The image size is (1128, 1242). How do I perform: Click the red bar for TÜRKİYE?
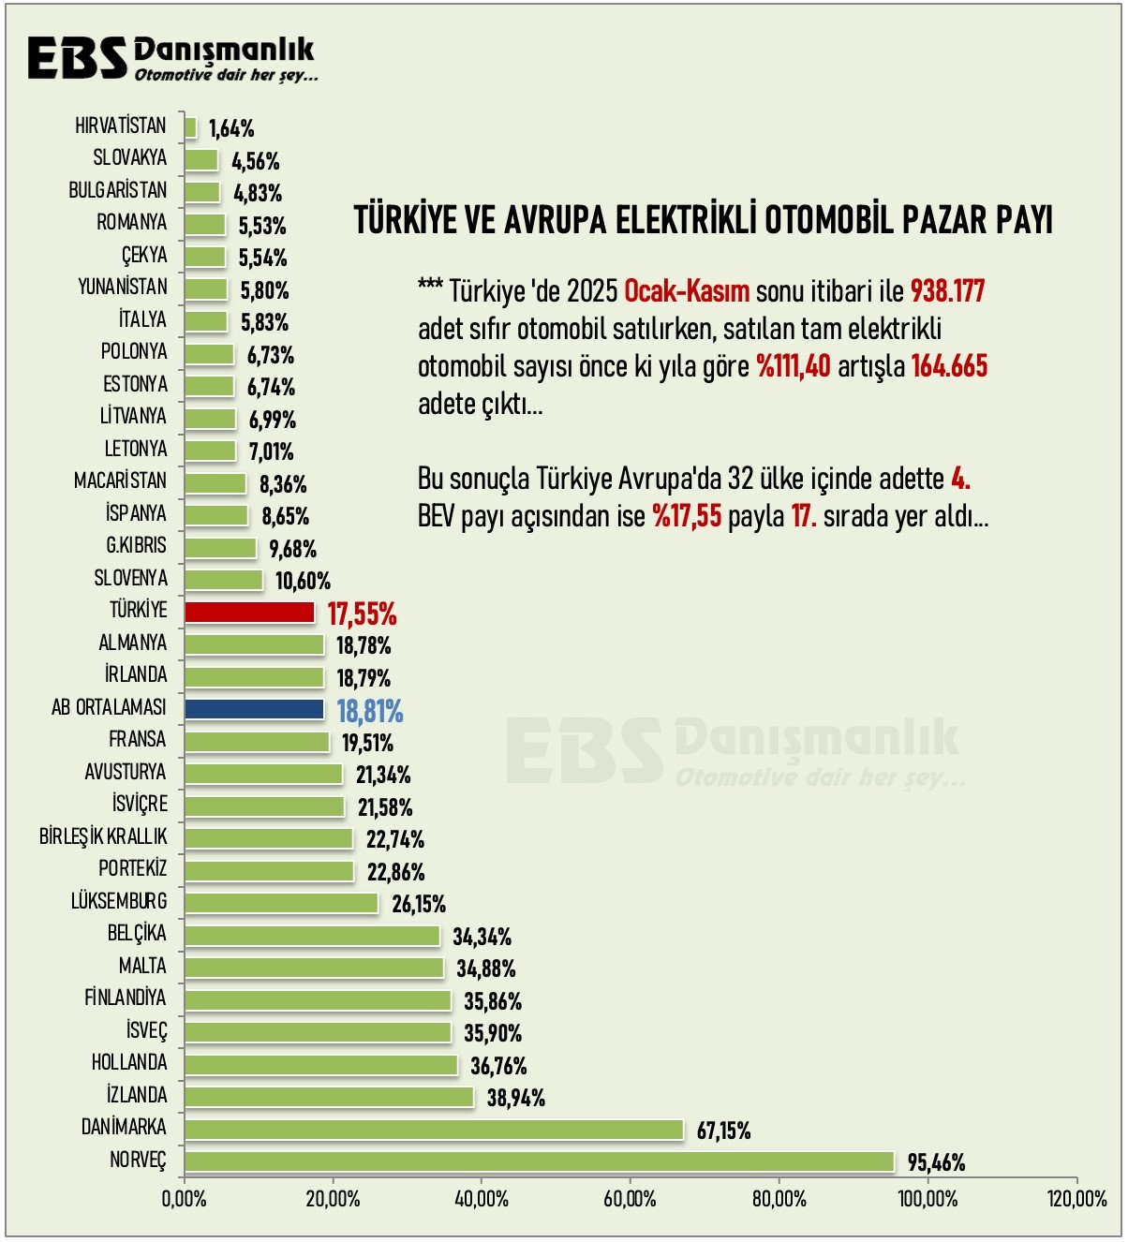249,613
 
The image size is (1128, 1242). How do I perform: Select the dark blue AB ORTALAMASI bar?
254,709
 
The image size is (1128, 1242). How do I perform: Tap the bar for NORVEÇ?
539,1161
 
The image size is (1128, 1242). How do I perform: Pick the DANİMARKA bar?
434,1130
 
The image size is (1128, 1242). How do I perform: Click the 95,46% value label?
936,1163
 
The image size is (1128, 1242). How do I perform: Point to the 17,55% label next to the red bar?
362,614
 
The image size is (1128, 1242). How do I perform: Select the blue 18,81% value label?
370,712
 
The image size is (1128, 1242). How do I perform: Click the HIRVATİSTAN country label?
121,126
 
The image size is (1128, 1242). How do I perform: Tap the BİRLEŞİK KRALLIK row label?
103,836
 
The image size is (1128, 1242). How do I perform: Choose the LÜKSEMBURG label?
119,901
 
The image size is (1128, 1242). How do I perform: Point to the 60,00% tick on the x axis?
630,1199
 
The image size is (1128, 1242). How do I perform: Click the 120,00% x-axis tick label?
1076,1199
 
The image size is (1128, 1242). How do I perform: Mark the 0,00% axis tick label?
185,1199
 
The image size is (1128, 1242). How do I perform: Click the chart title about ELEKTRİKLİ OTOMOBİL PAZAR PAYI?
704,221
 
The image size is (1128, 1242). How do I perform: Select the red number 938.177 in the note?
947,291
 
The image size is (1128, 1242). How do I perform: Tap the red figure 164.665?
949,366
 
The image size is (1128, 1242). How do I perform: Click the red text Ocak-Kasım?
687,291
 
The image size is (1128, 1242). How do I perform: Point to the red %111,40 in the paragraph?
794,366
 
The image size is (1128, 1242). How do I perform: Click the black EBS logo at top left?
77,58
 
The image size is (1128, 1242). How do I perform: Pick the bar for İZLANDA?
329,1097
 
